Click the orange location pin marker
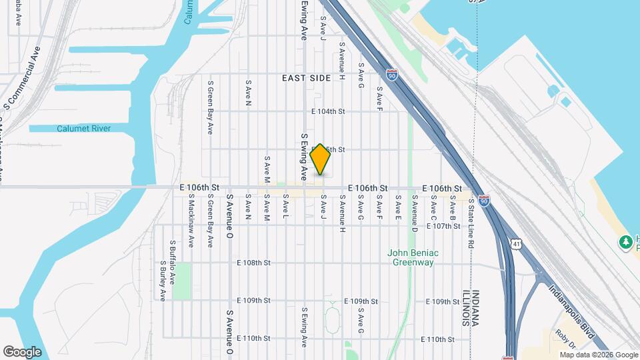point(320,159)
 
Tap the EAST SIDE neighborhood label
point(306,78)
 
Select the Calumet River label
point(83,129)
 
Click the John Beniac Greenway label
point(412,257)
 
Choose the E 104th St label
point(327,111)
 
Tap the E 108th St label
point(253,263)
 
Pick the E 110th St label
point(253,339)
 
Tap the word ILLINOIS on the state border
point(465,307)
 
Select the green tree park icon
point(625,241)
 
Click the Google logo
point(22,351)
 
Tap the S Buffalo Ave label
point(172,261)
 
